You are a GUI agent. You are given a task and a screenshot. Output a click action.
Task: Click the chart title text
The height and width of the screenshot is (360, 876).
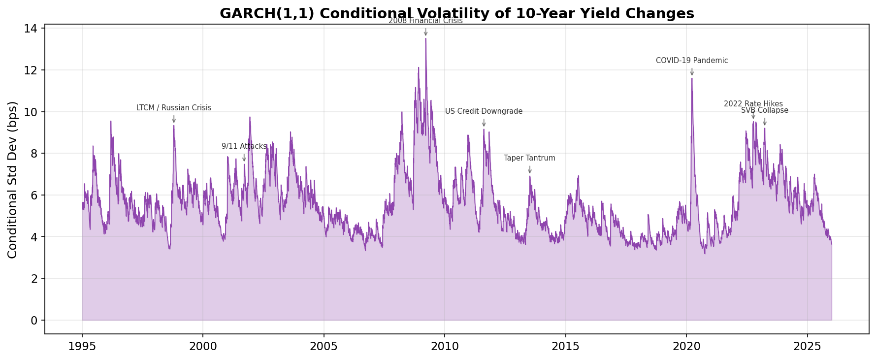coord(456,13)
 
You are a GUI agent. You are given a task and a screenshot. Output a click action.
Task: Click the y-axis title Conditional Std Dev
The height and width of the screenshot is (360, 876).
coord(13,179)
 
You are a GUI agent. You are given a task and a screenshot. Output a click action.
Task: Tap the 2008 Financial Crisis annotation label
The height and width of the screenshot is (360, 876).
coord(425,21)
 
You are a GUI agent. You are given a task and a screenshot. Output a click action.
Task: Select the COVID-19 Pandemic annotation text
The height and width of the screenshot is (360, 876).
coord(691,61)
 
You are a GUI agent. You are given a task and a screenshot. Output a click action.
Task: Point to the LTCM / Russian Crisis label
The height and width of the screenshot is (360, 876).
coord(174,108)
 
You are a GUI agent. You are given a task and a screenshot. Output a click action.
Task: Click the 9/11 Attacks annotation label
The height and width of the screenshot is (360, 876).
coord(244,146)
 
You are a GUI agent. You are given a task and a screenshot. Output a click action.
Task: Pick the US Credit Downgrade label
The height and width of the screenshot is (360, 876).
coord(484,111)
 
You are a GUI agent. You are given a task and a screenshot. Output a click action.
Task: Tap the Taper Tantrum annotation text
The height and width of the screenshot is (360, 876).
coord(529,158)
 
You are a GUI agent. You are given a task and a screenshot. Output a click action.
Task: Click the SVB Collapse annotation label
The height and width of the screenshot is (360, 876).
coord(764,110)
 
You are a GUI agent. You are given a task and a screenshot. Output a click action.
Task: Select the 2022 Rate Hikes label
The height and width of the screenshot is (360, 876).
coord(753,103)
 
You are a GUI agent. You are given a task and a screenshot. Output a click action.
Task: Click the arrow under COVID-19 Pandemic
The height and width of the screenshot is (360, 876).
coord(692,72)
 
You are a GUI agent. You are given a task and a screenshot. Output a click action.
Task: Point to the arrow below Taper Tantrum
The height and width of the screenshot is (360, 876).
coord(530,169)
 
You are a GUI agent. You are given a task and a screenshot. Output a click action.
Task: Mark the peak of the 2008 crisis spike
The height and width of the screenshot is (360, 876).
coord(425,39)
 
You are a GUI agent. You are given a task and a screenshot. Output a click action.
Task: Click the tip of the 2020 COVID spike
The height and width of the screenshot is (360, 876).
coord(692,79)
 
